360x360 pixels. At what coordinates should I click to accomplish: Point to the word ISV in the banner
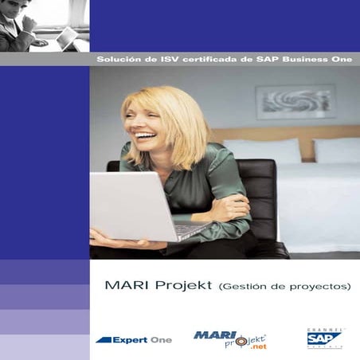(x=158, y=59)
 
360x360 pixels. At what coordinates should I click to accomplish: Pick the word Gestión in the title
(x=245, y=285)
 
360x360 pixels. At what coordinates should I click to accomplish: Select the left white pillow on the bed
(x=263, y=151)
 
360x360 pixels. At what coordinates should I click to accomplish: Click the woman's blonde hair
(x=179, y=119)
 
